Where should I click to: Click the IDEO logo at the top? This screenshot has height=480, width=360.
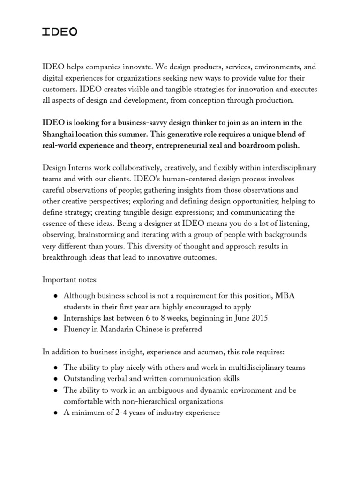point(60,32)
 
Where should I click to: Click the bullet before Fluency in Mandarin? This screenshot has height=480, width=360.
point(56,330)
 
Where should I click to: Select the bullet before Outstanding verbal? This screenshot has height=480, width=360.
point(56,379)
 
